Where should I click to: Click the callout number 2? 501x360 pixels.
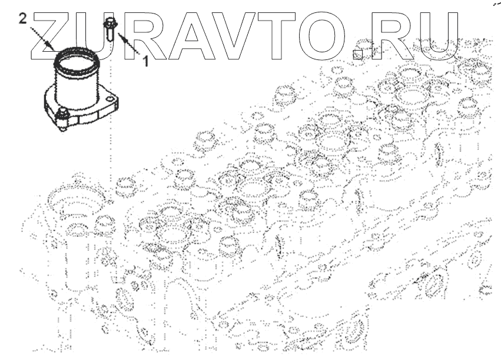click(x=22, y=19)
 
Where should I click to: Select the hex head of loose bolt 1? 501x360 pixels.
click(x=111, y=24)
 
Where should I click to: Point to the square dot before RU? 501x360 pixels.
click(x=359, y=52)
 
